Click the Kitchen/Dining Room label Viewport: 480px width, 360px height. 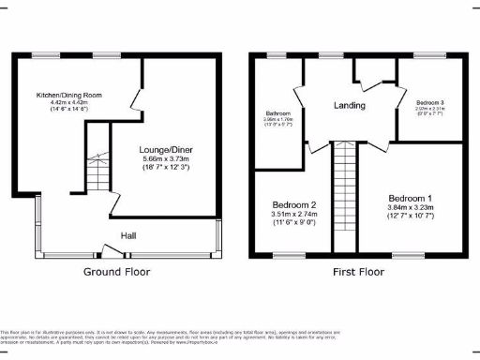click(x=68, y=96)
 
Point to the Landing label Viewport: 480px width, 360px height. click(x=350, y=105)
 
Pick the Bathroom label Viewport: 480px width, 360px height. click(x=279, y=113)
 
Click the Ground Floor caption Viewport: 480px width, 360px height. click(x=117, y=272)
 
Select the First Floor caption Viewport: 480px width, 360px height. click(x=358, y=272)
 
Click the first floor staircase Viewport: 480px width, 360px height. click(x=343, y=202)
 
